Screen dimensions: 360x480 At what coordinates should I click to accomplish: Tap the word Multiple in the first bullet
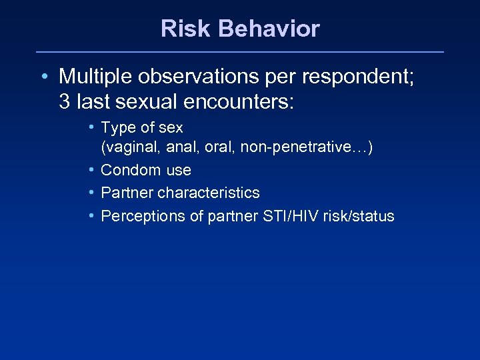tap(96, 77)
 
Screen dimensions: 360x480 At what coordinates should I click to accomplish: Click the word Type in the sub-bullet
tap(118, 128)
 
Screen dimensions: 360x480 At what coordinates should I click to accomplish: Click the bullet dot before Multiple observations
tap(43, 77)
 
